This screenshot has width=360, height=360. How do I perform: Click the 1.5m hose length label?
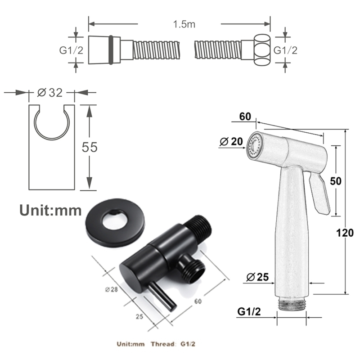click(184, 24)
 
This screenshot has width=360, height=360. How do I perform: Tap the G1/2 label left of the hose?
click(71, 50)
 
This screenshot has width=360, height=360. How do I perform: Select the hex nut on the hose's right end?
click(262, 50)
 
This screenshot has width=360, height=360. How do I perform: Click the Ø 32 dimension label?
click(50, 93)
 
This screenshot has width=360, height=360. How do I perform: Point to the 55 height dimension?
click(90, 147)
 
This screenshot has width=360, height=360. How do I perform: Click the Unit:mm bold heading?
click(50, 210)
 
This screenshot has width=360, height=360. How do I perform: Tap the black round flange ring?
click(115, 222)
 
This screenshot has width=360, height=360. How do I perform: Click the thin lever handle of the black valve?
click(162, 296)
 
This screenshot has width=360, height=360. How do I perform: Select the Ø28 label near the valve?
click(112, 289)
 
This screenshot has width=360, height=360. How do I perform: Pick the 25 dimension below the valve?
click(139, 316)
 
